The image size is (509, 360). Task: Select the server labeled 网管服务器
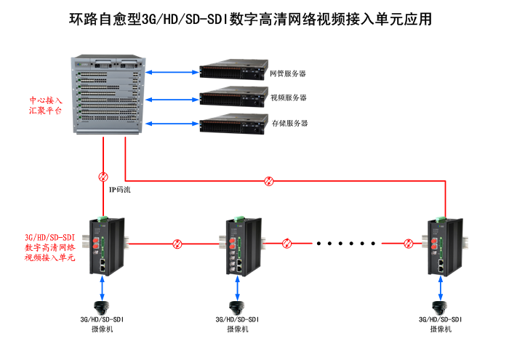[231, 72]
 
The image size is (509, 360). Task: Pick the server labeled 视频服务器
[231, 97]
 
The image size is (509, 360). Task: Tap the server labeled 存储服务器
[231, 123]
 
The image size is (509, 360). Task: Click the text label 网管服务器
[288, 73]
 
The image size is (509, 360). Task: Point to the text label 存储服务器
[289, 124]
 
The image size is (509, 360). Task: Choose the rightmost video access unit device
[443, 245]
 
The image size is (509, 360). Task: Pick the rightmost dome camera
[438, 306]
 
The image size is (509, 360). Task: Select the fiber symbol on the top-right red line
[270, 180]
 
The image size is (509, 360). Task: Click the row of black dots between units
[348, 243]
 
